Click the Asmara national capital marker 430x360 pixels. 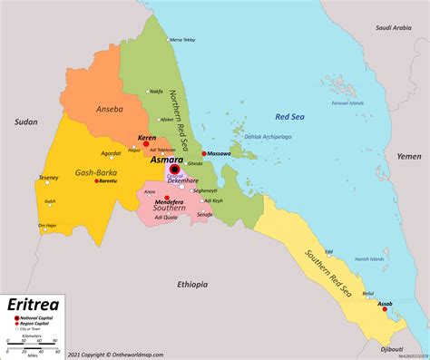click(x=174, y=169)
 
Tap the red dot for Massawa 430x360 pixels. click(x=204, y=153)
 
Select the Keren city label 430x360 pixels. click(x=146, y=137)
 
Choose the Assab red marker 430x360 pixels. click(x=383, y=309)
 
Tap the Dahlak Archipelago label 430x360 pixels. click(x=242, y=135)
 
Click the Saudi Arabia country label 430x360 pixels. click(x=393, y=27)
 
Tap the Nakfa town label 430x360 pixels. click(x=156, y=91)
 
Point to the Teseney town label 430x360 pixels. click(x=48, y=177)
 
